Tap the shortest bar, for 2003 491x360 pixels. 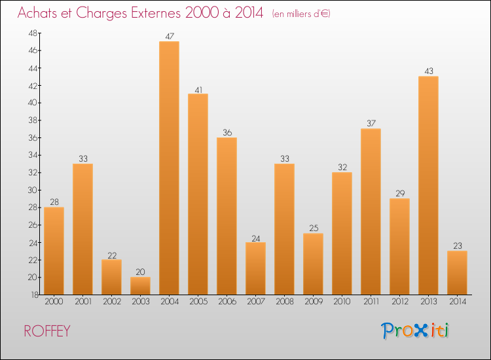[x=140, y=285]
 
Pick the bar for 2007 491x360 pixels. [x=255, y=268]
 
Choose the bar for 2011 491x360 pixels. [x=371, y=211]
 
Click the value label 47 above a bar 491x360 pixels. [x=170, y=37]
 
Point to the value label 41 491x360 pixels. [x=198, y=89]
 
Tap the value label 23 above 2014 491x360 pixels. [x=458, y=246]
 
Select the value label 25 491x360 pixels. [x=314, y=228]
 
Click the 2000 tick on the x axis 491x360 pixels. [x=54, y=302]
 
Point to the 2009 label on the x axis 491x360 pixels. [x=313, y=302]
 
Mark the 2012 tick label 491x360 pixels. [x=399, y=302]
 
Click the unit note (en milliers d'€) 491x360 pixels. [x=301, y=14]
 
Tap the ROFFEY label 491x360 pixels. [x=46, y=331]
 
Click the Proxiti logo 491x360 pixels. [x=415, y=331]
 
